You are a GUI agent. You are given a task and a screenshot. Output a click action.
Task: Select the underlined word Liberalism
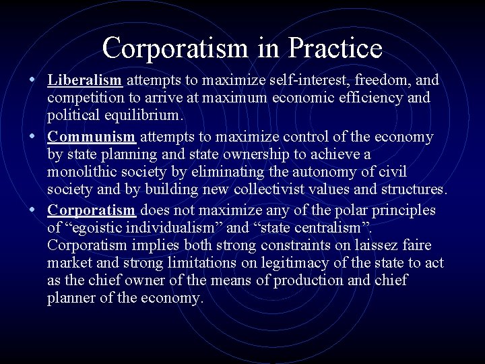tap(85, 80)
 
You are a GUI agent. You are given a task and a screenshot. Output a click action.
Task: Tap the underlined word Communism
tap(92, 137)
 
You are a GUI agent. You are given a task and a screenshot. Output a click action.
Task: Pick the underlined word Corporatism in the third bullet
tap(92, 210)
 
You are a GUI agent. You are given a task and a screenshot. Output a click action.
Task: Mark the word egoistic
tap(101, 228)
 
